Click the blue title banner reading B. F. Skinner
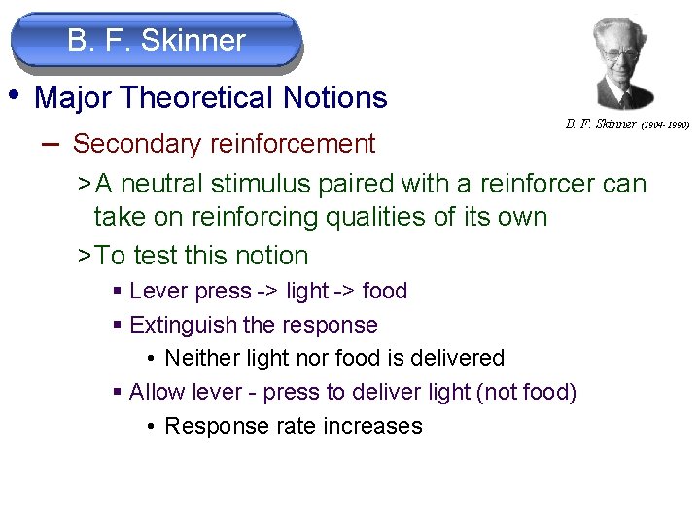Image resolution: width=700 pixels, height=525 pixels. [x=157, y=41]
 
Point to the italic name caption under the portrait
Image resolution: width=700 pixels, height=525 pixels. [x=601, y=124]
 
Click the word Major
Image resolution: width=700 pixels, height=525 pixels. [x=73, y=98]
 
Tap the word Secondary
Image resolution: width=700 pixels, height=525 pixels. [x=132, y=144]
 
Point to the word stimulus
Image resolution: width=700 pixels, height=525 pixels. [x=269, y=184]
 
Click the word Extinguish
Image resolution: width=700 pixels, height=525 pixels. [x=184, y=325]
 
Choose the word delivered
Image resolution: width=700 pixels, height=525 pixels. [x=457, y=358]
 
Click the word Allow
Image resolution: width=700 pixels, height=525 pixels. [x=157, y=393]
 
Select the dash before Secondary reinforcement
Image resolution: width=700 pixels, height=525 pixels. [x=52, y=142]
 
